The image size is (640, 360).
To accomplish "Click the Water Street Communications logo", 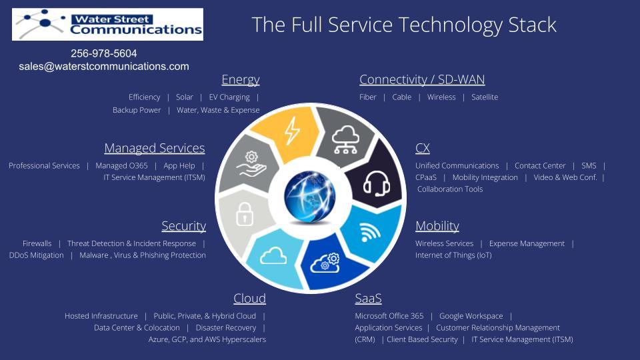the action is pos(107,24).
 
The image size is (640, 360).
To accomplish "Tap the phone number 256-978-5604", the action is pos(104,53).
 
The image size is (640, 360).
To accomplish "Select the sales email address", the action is pos(104,67).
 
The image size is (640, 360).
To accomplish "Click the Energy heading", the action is pos(241,79).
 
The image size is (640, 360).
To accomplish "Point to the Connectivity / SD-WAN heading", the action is pos(422,79).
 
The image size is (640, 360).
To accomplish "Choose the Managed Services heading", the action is pos(154,148).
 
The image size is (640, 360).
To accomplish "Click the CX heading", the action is pos(423,148).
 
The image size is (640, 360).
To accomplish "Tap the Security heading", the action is pos(184,226).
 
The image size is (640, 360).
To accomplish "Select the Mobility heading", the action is pos(437,226).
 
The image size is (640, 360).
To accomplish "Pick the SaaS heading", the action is pos(368,299).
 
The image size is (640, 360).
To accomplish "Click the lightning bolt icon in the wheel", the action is pos(292,131).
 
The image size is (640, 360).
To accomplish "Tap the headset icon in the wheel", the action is pos(376,184).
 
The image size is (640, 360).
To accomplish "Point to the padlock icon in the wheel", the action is pos(245,214).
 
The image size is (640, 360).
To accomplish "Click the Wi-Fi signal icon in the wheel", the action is pos(370,231).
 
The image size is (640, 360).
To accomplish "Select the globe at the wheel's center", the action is pos(310,196).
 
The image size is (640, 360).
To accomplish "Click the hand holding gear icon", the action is pos(251,164).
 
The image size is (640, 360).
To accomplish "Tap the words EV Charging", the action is pos(229,97).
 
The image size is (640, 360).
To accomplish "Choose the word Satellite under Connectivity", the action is pos(485,97).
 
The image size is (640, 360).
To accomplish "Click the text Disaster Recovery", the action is pos(226,328).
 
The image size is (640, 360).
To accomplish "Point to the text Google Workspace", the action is pos(471,316).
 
